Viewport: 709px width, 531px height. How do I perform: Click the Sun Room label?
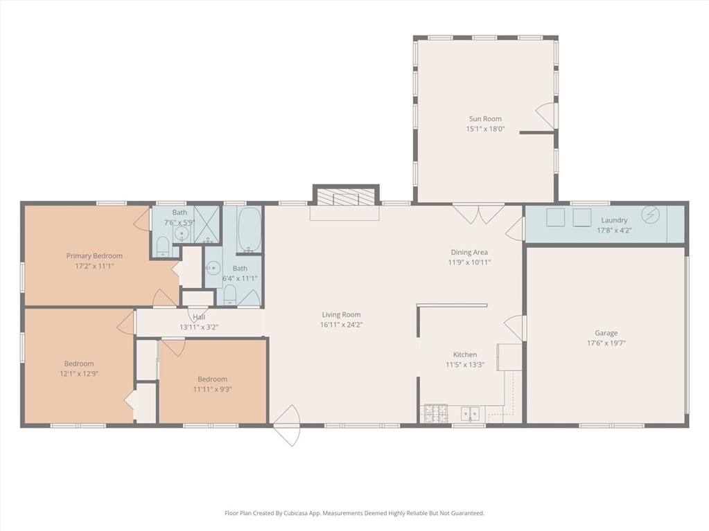pos(485,119)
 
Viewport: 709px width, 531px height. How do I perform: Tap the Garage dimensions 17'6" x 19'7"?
pos(606,343)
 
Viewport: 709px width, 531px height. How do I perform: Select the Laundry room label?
pos(614,220)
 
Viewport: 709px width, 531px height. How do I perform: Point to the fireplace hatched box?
pos(346,197)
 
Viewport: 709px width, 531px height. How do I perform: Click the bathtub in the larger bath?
pos(249,230)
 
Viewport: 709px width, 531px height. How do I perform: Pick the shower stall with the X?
pos(207,224)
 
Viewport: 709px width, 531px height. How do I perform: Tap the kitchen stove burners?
pos(436,413)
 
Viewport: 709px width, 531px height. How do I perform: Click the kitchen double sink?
pos(471,413)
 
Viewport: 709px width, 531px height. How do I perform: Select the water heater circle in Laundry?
pos(650,215)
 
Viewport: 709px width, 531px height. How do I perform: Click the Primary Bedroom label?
pos(94,256)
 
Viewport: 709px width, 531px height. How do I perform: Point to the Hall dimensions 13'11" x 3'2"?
pos(199,327)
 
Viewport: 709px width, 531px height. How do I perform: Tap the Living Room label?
pos(342,315)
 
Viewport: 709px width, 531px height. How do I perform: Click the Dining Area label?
pos(469,253)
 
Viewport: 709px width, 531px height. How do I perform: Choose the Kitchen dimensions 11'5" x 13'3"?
pos(465,365)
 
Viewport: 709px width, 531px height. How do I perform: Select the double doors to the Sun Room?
pos(478,215)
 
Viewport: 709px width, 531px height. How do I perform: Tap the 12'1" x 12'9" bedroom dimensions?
pos(79,374)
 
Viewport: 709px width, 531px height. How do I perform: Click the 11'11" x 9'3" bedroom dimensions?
pos(213,389)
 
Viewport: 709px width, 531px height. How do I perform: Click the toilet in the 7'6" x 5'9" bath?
pos(163,247)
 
